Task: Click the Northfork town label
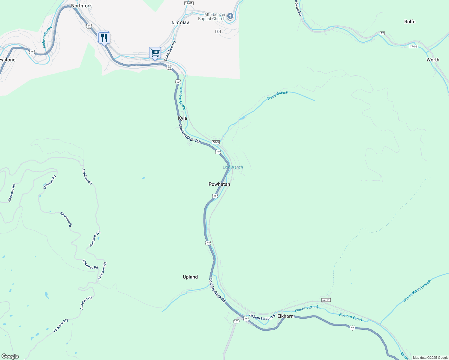[x=81, y=6]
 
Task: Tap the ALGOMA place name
[x=180, y=23]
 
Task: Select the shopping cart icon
[x=155, y=53]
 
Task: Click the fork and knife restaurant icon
[x=104, y=38]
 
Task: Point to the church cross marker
[x=230, y=16]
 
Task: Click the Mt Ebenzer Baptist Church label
[x=212, y=16]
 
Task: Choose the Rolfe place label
[x=410, y=22]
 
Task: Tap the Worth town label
[x=433, y=60]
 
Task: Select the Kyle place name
[x=182, y=118]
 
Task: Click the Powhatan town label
[x=219, y=184]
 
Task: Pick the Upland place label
[x=190, y=277]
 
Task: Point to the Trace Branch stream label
[x=278, y=95]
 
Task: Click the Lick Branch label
[x=233, y=167]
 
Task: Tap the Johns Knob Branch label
[x=417, y=290]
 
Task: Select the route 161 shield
[x=236, y=321]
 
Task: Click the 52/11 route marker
[x=326, y=300]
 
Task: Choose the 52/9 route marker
[x=216, y=142]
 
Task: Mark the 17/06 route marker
[x=413, y=46]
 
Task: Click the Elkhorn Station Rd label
[x=262, y=317]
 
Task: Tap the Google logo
[x=10, y=356]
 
